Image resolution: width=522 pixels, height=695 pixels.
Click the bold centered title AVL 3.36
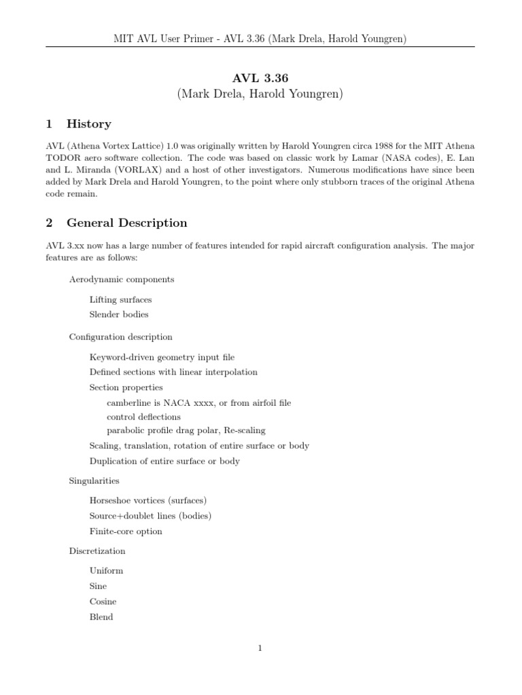point(260,79)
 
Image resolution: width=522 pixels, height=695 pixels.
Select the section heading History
point(88,124)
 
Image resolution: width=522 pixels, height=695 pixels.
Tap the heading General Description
point(126,223)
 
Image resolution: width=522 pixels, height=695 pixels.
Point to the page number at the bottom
point(260,648)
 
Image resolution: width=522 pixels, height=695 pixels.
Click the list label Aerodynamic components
point(122,279)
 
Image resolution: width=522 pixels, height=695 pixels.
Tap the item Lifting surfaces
point(120,299)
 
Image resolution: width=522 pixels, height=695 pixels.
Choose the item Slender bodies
point(118,314)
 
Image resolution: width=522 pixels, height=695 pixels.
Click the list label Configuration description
point(120,337)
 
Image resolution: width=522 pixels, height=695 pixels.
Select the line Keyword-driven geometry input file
point(162,357)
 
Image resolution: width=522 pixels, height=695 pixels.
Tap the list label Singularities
point(94,481)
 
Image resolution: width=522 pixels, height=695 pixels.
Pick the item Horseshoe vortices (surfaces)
point(147,500)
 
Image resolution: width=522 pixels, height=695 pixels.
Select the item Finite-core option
point(126,531)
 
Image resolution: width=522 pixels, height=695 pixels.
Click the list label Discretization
point(97,551)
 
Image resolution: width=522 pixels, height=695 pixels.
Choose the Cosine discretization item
point(103,601)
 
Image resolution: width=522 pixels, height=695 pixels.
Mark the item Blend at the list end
point(101,617)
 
